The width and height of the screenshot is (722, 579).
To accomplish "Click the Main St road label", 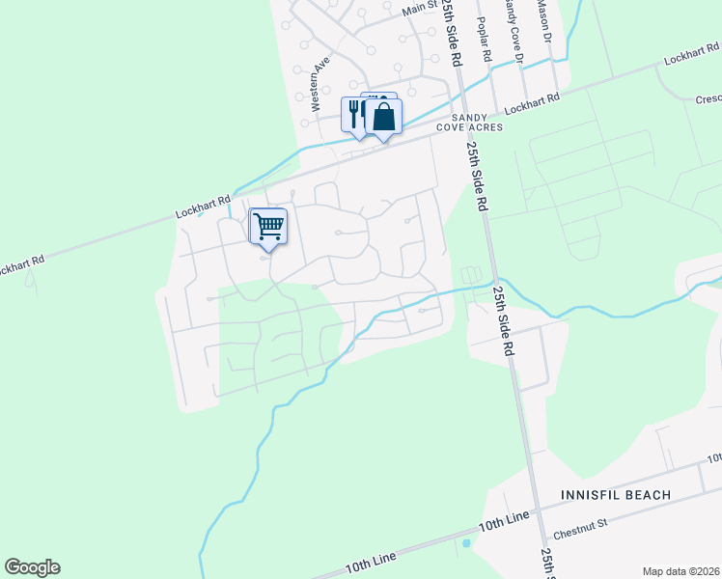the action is click(x=420, y=9).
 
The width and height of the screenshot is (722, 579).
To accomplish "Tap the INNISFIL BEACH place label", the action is click(x=616, y=495).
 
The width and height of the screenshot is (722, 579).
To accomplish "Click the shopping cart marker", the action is click(x=269, y=228).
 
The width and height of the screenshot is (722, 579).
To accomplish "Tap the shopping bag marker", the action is click(x=384, y=118).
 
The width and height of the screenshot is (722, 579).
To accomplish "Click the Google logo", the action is click(x=32, y=567).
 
